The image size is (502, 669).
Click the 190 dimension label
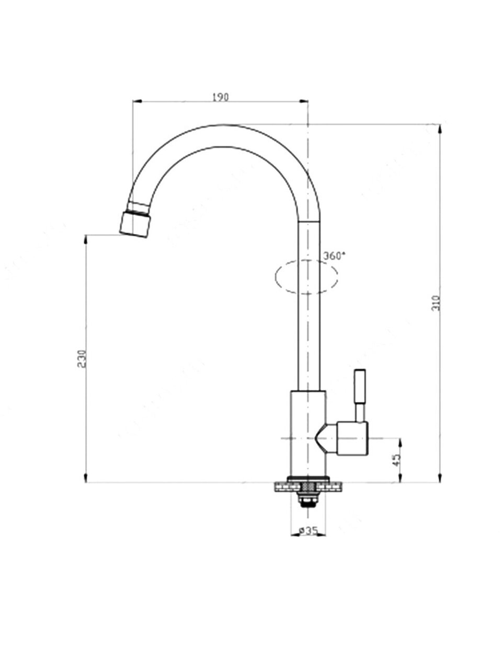point(220,97)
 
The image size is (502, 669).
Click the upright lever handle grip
point(359,386)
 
